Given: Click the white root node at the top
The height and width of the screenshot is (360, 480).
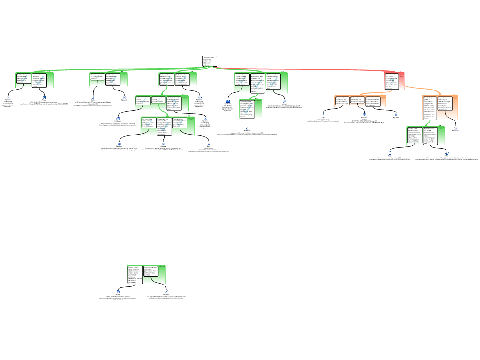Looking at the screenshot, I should click(210, 61).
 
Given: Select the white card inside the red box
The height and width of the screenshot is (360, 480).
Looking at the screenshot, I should click(391, 81).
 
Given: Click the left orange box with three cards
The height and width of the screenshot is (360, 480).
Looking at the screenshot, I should click(360, 101).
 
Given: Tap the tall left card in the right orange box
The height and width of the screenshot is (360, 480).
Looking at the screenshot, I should click(429, 108).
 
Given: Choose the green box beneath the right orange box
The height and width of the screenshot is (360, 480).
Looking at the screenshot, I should click(426, 135).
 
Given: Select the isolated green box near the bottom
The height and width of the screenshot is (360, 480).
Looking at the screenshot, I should click(146, 275).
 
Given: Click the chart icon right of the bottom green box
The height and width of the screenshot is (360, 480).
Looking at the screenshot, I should click(166, 292).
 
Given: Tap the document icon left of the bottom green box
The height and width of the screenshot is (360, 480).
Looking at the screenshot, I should click(118, 292).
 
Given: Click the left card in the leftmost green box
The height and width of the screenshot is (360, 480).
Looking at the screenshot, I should click(23, 78).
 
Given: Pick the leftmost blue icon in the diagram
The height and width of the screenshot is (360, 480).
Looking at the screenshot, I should click(8, 97).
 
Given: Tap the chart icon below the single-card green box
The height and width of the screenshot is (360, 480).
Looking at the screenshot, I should click(247, 127).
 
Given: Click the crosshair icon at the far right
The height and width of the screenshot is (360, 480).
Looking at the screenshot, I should click(447, 153).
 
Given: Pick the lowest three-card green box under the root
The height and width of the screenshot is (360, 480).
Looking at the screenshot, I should click(167, 126).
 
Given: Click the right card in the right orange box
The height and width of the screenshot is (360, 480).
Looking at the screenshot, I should click(445, 104).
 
